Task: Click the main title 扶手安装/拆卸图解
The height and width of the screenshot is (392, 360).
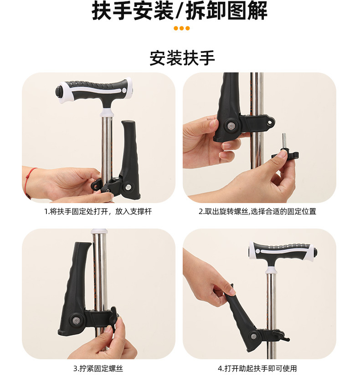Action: pyautogui.click(x=180, y=11)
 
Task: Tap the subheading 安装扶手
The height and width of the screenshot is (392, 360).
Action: pyautogui.click(x=182, y=58)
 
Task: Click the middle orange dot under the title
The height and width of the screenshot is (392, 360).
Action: pyautogui.click(x=182, y=28)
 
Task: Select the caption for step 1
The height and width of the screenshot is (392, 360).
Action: pyautogui.click(x=98, y=212)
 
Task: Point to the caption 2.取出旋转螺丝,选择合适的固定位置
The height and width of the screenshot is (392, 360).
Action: pyautogui.click(x=257, y=212)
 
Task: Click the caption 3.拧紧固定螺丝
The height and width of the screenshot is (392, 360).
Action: pyautogui.click(x=98, y=368)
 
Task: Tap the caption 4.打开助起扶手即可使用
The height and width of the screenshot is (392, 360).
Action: pyautogui.click(x=257, y=368)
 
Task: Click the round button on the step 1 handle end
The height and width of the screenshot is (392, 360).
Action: pyautogui.click(x=59, y=90)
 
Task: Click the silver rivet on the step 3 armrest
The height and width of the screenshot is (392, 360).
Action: pyautogui.click(x=75, y=320)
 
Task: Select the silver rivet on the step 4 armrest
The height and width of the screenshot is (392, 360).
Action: pyautogui.click(x=254, y=336)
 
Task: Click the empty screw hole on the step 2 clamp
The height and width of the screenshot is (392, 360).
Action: pyautogui.click(x=270, y=122)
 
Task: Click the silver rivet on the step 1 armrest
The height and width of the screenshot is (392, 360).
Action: pyautogui.click(x=129, y=187)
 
